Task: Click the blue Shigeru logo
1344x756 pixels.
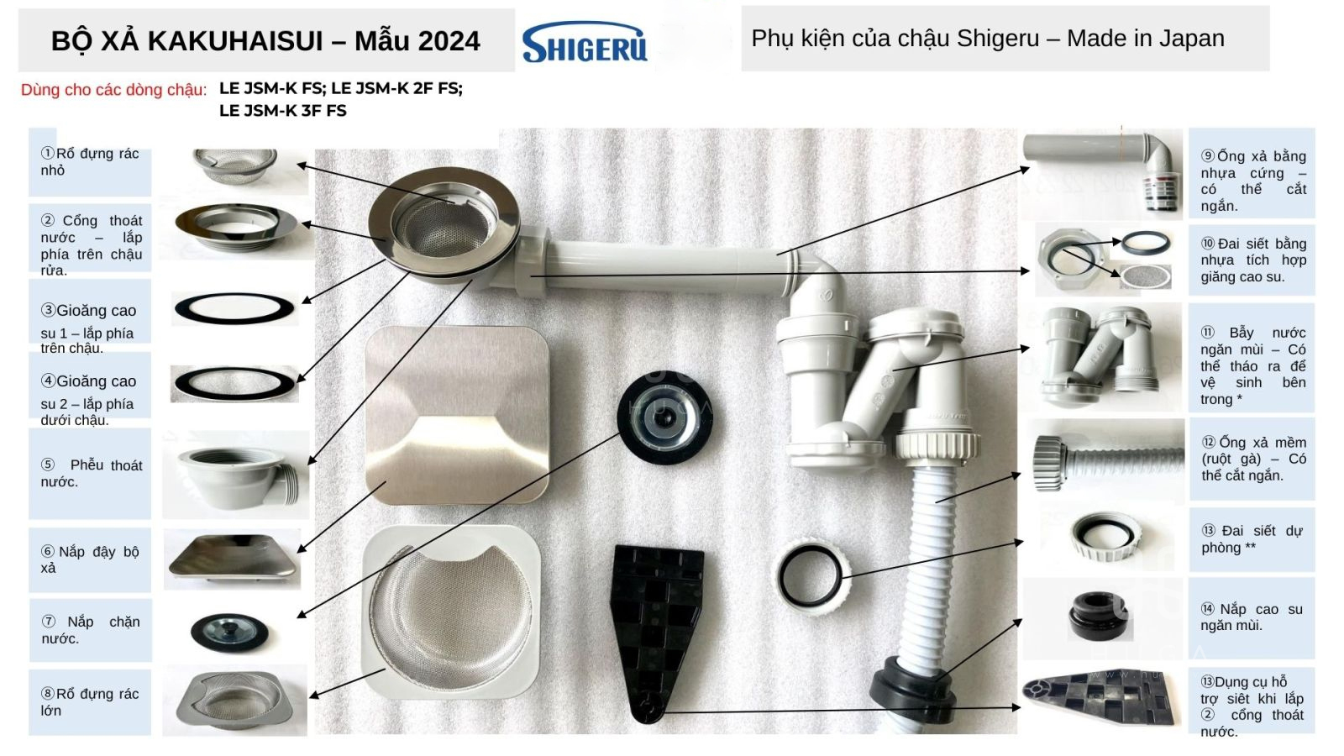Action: pos(585,42)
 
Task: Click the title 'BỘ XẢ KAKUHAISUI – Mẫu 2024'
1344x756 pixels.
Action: pos(265,41)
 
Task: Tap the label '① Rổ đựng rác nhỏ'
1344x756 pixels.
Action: pos(90,162)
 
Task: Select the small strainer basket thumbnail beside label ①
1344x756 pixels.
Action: pos(235,165)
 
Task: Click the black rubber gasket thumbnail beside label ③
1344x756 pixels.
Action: pos(234,308)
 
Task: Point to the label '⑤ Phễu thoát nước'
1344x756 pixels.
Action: pos(92,474)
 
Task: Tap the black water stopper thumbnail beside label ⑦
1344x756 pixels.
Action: pos(230,633)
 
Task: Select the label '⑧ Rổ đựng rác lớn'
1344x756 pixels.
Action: pos(90,702)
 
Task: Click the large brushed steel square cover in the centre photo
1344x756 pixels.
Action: pos(457,414)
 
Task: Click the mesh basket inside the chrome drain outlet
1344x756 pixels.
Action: pos(445,225)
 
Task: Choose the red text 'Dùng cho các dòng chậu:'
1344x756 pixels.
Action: pos(113,90)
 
